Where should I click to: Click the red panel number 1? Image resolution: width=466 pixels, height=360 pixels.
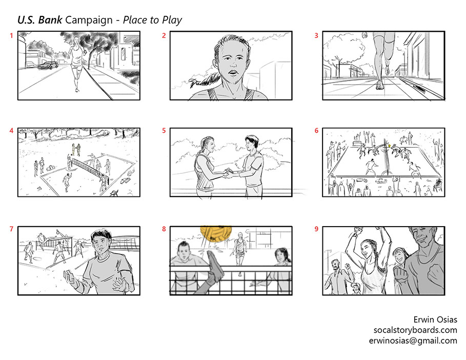(x=12, y=36)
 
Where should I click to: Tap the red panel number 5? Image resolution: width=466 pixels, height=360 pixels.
(x=164, y=131)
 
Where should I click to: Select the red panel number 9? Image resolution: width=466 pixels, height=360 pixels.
(x=316, y=229)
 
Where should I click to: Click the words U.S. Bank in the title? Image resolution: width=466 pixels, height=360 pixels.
(x=40, y=20)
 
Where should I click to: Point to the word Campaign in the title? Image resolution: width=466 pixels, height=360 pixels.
(x=89, y=21)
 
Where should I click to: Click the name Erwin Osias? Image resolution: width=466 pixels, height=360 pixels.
(x=435, y=319)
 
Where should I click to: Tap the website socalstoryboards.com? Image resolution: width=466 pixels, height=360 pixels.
(x=415, y=330)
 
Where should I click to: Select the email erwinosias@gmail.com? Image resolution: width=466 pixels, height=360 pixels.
(x=413, y=341)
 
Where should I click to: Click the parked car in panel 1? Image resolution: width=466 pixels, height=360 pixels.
(x=48, y=66)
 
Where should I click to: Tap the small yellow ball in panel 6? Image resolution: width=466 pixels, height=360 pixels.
(x=389, y=146)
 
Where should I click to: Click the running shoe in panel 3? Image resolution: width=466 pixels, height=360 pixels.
(x=380, y=85)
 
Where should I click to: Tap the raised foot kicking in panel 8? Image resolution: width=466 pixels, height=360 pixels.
(x=215, y=266)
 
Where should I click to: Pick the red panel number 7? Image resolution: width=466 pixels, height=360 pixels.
(x=12, y=229)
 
